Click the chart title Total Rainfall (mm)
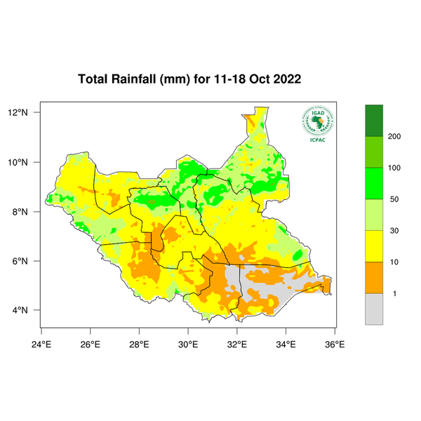[133, 79]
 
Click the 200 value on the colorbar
[394, 136]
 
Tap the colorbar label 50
[394, 199]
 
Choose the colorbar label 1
[394, 293]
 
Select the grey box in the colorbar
[374, 309]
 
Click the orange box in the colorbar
[374, 278]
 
